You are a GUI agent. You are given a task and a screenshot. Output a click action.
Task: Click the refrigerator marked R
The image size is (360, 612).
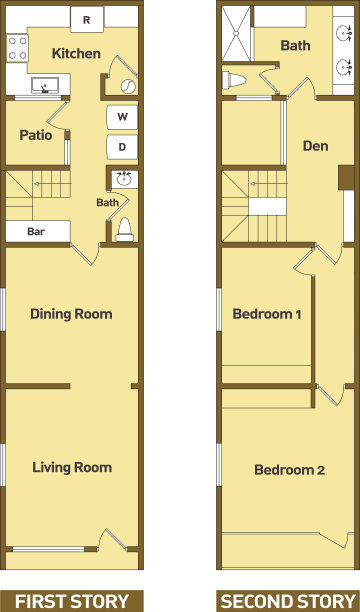click(87, 19)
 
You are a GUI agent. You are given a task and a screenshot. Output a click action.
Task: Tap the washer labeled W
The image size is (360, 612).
click(122, 117)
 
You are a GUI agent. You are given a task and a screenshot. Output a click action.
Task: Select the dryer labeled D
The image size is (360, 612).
click(122, 147)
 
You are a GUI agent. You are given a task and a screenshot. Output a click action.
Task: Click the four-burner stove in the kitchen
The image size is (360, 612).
click(18, 48)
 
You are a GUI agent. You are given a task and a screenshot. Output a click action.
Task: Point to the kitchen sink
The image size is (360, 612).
click(45, 85)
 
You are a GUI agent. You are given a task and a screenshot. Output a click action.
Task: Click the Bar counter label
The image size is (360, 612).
click(36, 231)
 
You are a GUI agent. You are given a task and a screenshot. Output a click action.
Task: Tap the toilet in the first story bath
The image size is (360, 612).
click(125, 230)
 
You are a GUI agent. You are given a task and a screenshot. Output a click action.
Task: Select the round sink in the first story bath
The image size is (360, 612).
click(124, 180)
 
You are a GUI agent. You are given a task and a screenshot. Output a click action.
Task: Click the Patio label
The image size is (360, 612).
click(36, 135)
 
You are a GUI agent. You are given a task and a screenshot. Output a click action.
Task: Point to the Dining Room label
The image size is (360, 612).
click(71, 314)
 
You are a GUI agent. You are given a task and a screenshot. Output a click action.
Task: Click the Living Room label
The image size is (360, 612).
click(72, 467)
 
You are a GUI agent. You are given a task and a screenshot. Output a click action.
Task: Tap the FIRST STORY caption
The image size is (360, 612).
click(72, 601)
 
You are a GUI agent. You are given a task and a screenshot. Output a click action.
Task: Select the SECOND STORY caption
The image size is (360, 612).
click(288, 601)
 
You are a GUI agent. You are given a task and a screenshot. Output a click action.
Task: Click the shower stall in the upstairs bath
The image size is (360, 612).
click(237, 34)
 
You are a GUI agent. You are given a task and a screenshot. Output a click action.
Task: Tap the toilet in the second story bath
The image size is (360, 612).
click(234, 80)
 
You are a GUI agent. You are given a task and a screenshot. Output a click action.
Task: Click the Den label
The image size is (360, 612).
click(315, 146)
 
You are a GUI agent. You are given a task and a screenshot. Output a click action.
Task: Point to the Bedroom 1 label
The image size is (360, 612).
click(267, 314)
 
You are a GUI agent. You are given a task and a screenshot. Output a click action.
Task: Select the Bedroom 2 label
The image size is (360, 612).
click(289, 470)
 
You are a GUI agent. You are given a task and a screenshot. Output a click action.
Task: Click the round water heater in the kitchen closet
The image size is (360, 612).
click(128, 86)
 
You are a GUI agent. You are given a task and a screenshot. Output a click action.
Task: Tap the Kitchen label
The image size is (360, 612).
click(76, 53)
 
